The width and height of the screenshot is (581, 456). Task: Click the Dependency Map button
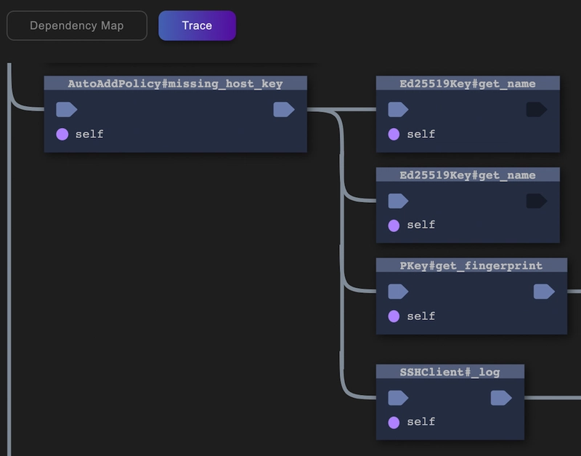(x=77, y=25)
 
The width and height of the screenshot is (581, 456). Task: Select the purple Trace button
(x=197, y=25)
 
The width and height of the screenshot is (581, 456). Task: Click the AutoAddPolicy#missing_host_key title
(x=175, y=84)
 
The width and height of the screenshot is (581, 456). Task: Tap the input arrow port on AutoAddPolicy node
(x=67, y=110)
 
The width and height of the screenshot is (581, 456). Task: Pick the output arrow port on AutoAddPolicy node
(x=284, y=110)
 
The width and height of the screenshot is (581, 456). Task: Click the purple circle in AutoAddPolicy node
(x=62, y=134)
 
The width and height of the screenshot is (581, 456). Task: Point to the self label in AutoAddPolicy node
(x=89, y=134)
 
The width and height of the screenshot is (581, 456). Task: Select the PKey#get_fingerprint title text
(x=471, y=265)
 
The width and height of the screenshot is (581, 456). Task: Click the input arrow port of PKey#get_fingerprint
(x=398, y=291)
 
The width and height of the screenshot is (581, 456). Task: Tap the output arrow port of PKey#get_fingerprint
(x=544, y=291)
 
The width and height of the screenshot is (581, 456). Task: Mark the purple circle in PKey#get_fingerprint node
(x=394, y=316)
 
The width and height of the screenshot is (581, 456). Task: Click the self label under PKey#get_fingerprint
(x=421, y=316)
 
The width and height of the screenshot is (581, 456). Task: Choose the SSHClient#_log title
(x=450, y=372)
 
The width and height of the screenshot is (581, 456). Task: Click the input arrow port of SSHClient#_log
(x=398, y=398)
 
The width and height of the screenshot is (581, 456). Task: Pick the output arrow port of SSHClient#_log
(x=501, y=398)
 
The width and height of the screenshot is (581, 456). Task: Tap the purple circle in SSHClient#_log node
(x=394, y=423)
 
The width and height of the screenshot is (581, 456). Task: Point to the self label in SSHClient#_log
(x=421, y=422)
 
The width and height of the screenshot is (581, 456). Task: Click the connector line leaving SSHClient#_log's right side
(x=553, y=398)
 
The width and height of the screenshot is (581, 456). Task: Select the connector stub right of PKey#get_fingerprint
(x=574, y=291)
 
